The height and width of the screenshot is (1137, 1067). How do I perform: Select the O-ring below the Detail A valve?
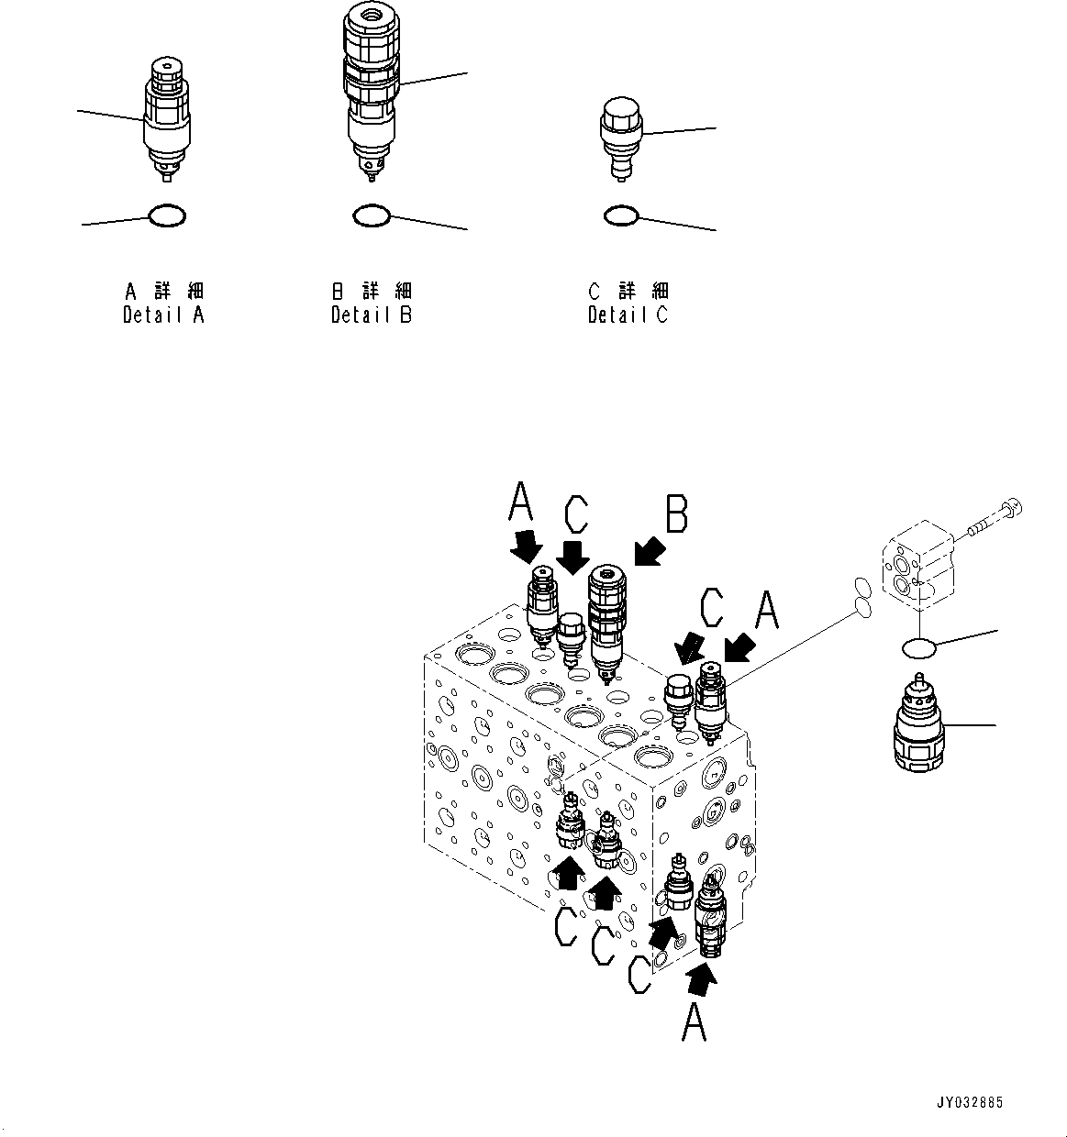167,216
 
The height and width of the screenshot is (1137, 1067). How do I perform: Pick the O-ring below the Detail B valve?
372,216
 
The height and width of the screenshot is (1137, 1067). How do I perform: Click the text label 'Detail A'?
164,315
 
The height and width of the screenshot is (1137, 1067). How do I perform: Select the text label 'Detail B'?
372,315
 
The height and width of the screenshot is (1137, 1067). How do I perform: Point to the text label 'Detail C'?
628,315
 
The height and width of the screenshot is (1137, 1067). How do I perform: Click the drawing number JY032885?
970,1102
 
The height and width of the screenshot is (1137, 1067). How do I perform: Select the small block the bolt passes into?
918,564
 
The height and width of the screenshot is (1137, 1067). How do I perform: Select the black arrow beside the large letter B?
648,553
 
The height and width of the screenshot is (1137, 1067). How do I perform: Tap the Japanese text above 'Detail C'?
628,292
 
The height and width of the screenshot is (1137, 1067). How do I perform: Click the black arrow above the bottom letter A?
700,981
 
